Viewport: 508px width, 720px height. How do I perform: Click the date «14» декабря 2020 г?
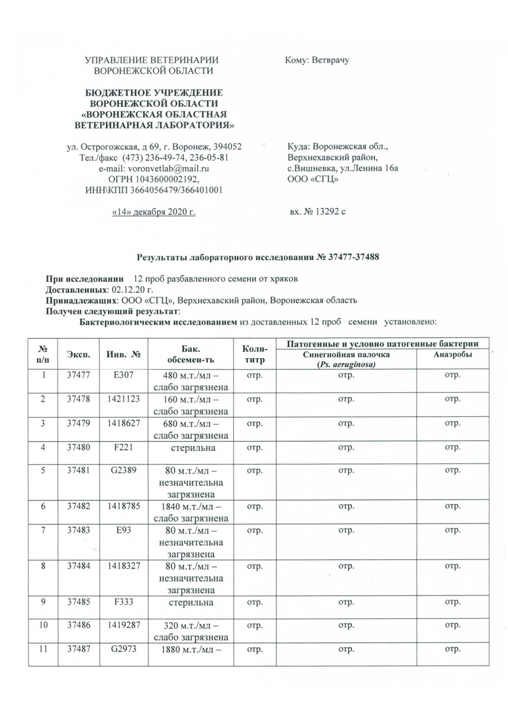154,212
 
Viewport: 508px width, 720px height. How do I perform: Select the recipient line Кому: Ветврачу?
317,60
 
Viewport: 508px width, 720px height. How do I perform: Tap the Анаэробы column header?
452,355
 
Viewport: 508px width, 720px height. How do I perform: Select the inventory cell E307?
123,376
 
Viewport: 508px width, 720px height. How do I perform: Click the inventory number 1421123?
123,399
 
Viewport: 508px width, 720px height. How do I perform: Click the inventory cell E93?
123,531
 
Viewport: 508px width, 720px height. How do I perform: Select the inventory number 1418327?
123,566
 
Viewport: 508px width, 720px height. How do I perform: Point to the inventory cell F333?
123,602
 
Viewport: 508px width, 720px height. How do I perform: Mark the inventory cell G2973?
123,649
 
